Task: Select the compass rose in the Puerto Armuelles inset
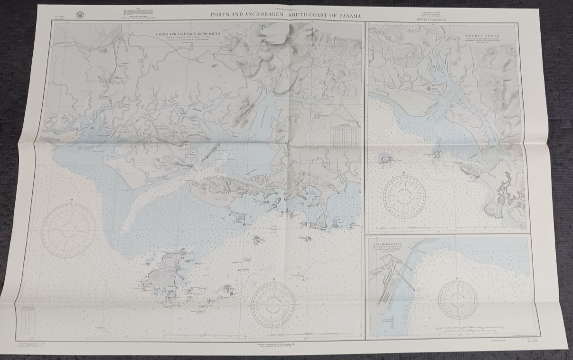point(457,300)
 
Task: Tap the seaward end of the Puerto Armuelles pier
point(414,290)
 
